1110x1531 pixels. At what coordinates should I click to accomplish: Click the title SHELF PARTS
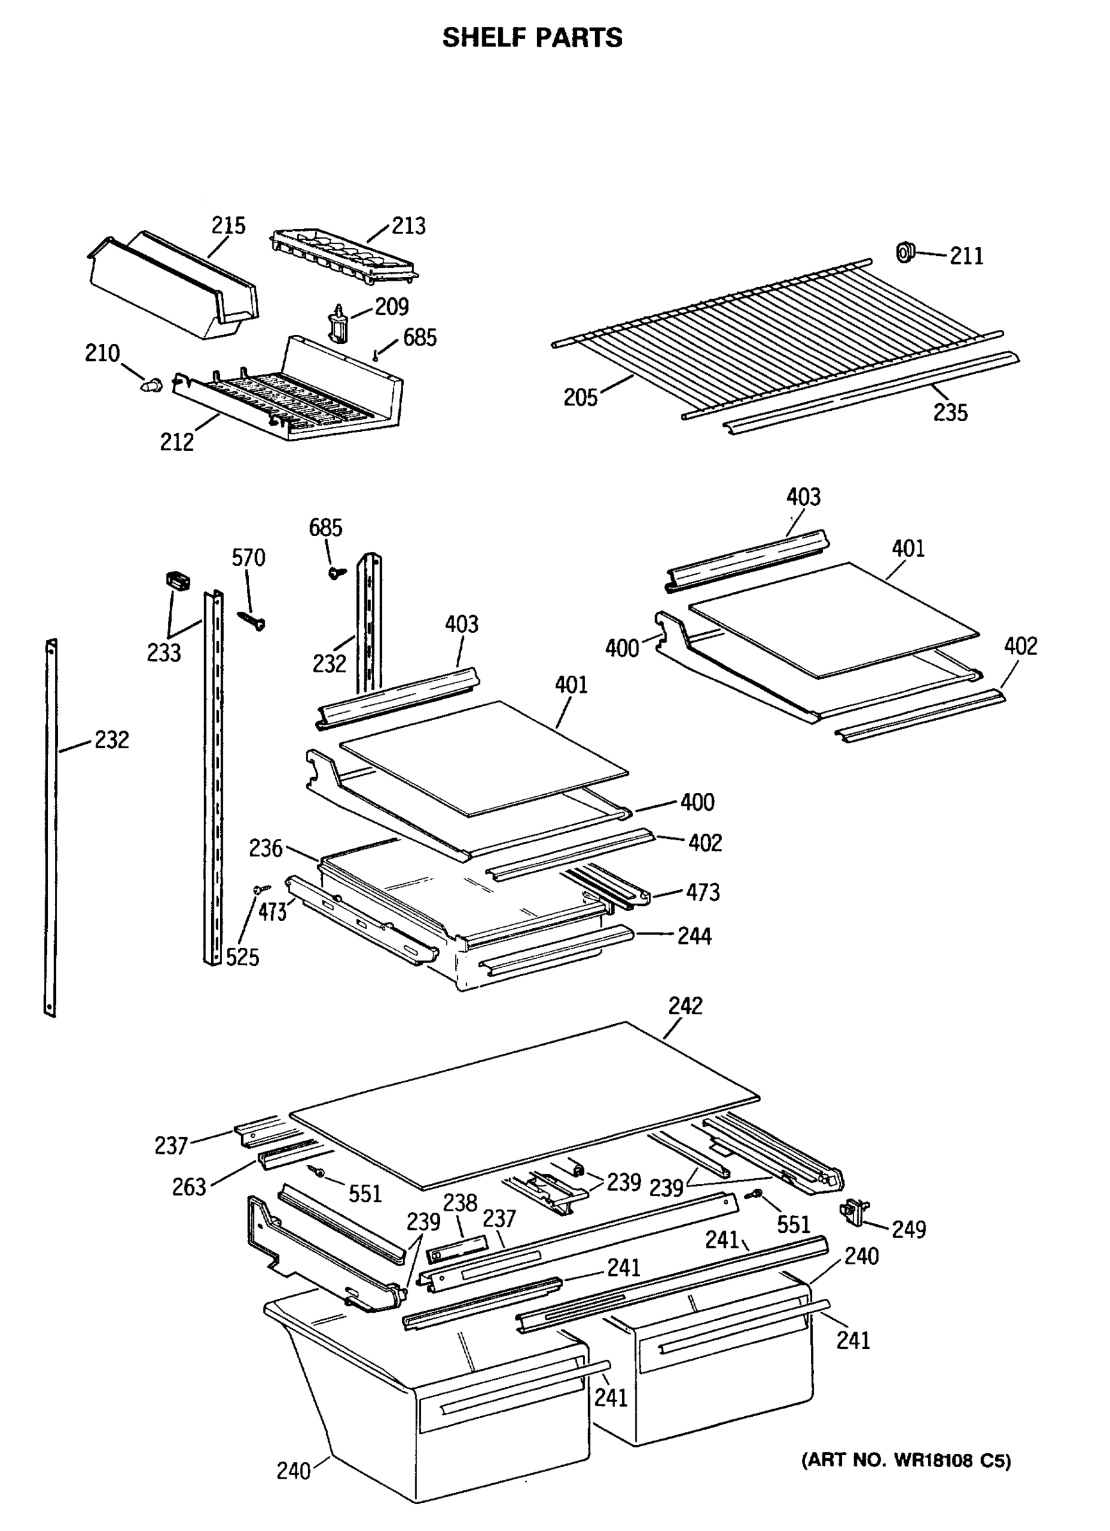point(532,38)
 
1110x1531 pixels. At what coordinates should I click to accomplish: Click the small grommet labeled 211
point(904,253)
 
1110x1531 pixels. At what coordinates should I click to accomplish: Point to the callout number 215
point(228,225)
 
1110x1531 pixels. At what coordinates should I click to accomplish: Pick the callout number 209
point(392,306)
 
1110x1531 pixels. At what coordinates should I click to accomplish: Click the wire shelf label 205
point(581,397)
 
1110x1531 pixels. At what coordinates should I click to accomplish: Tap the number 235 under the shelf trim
point(950,412)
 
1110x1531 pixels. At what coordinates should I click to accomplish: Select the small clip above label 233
point(177,580)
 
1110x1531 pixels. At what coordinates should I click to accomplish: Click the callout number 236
point(265,848)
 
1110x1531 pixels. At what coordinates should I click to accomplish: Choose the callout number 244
point(695,936)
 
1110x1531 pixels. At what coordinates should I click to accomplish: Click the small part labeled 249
point(855,1213)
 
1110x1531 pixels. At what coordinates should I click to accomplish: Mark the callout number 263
point(188,1187)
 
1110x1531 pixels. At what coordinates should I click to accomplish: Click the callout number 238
point(461,1202)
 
